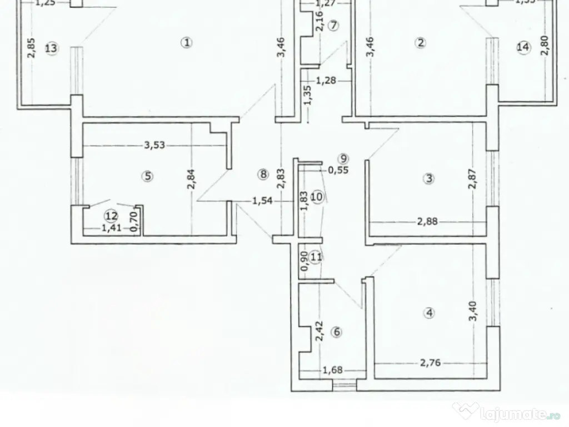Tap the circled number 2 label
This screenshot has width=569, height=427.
point(421,42)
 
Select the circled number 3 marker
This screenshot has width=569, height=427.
point(428,178)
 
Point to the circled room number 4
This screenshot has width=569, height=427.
point(428,313)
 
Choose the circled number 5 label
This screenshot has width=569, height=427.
point(147,176)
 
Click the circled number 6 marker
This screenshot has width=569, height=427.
point(335,332)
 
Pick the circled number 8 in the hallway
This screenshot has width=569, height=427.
point(263,175)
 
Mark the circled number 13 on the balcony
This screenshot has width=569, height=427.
point(51,48)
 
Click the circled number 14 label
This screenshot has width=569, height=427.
point(523,48)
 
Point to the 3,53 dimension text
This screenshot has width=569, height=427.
point(154,146)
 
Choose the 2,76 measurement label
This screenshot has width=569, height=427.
point(430,363)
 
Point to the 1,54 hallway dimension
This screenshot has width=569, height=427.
point(262,201)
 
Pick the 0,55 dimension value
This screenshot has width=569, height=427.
point(338,171)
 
